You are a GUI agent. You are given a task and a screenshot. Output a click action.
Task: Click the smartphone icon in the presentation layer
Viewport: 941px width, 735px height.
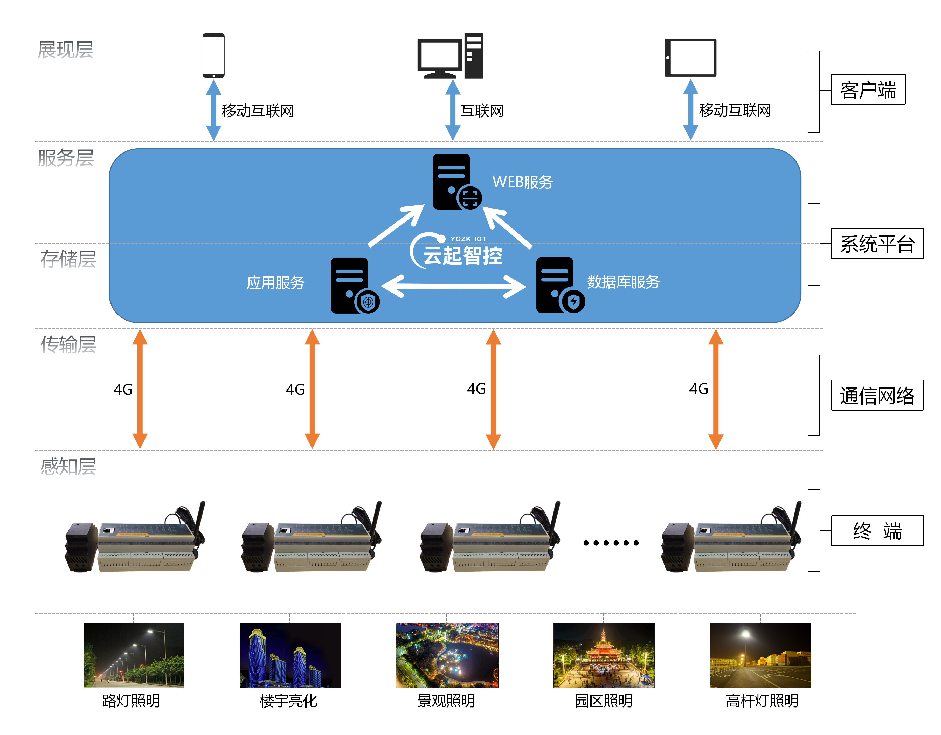click(x=214, y=56)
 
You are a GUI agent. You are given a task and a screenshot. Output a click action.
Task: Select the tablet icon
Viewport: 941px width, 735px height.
click(x=690, y=57)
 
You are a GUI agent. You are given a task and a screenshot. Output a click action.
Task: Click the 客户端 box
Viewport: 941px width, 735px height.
click(x=868, y=90)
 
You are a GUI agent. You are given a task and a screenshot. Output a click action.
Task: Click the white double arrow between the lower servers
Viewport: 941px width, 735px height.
click(x=454, y=286)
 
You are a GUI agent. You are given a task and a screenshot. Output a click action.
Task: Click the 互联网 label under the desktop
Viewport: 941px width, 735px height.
click(x=482, y=111)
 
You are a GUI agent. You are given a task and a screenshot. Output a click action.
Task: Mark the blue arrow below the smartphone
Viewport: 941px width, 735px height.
click(x=214, y=110)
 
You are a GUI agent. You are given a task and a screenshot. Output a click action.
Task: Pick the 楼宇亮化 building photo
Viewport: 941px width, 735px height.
click(x=290, y=655)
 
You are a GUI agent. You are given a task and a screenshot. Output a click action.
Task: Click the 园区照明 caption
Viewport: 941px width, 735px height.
click(x=603, y=701)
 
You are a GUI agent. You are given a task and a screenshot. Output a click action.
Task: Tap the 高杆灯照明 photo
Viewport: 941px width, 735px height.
click(x=760, y=655)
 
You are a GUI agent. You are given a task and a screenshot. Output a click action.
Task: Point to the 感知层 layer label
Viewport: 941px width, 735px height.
click(x=68, y=467)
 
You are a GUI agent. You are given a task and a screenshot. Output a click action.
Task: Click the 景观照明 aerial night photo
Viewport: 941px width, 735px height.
click(x=447, y=655)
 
